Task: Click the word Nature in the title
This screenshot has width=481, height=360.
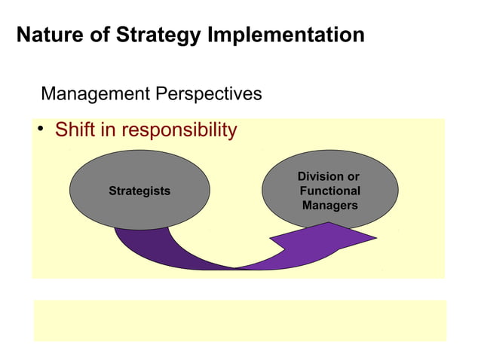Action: [47, 35]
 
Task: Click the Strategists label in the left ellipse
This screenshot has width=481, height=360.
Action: [139, 191]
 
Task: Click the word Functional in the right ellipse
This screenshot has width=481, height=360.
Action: [330, 191]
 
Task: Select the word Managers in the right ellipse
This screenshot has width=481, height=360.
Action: [330, 205]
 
